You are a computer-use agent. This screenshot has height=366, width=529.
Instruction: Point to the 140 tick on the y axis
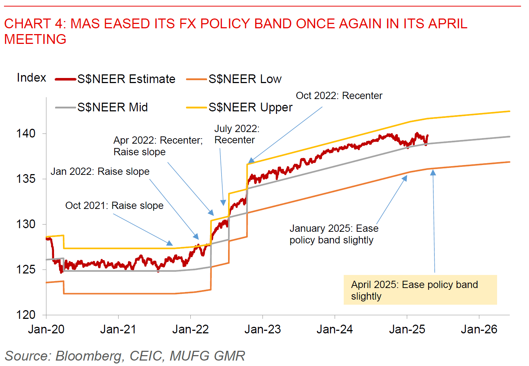point(26,133)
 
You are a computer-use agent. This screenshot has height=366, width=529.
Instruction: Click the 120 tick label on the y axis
point(26,315)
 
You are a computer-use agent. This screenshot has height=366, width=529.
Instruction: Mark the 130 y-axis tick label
point(26,224)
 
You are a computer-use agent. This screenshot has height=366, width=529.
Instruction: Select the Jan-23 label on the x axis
point(263,329)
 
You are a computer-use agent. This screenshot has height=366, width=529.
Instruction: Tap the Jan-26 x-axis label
point(479,329)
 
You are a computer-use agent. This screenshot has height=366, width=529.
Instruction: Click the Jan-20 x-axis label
point(46,329)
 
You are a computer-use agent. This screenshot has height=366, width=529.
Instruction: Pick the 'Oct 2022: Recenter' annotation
point(339,96)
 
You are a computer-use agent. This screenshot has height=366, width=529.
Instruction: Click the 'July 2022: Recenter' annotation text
point(237,134)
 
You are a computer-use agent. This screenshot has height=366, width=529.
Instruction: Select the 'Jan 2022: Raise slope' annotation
point(100,172)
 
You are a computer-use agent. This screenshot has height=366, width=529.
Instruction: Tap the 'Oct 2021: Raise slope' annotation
point(114,206)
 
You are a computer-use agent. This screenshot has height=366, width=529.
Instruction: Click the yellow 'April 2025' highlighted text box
point(420,290)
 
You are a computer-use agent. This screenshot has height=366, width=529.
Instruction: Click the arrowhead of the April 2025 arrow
point(433,173)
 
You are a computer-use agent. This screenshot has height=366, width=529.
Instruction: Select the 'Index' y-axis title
point(32,78)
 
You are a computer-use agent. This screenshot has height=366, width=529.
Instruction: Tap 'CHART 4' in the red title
point(33,24)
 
